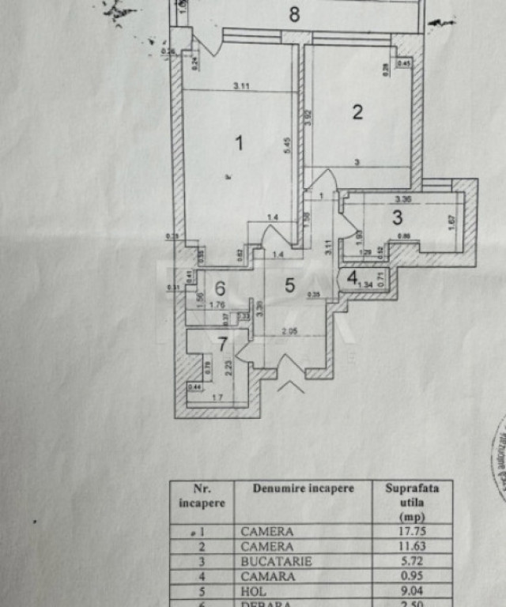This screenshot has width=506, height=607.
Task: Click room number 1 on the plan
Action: pyautogui.click(x=239, y=143)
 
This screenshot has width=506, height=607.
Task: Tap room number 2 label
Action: pyautogui.click(x=357, y=112)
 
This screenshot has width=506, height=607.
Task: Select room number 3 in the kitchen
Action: pyautogui.click(x=398, y=216)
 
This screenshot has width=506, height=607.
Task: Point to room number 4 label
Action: pyautogui.click(x=351, y=278)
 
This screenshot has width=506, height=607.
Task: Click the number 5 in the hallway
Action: pyautogui.click(x=289, y=285)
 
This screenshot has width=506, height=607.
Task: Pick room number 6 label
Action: pyautogui.click(x=220, y=288)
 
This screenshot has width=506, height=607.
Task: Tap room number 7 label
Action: pyautogui.click(x=223, y=344)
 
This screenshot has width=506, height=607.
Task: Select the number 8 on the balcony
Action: pyautogui.click(x=294, y=13)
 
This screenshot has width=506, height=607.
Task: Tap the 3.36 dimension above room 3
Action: pyautogui.click(x=402, y=199)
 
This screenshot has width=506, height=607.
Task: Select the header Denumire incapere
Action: pyautogui.click(x=304, y=488)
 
